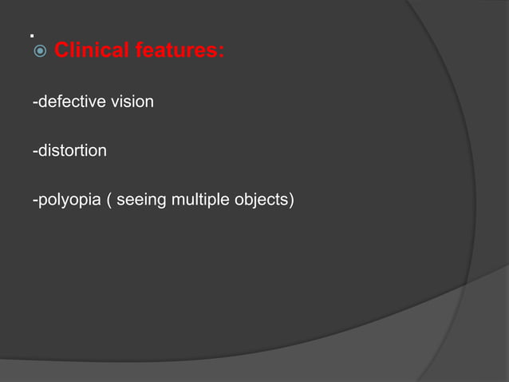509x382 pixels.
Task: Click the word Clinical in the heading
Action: (x=90, y=52)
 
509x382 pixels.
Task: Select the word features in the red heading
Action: (x=176, y=52)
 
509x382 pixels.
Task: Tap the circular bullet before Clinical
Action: (x=38, y=53)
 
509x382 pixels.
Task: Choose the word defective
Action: (x=67, y=102)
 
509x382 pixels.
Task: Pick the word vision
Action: (x=131, y=102)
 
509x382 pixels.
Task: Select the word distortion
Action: (x=71, y=150)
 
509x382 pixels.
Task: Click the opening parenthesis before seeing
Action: (x=109, y=199)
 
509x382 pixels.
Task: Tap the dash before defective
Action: (x=34, y=103)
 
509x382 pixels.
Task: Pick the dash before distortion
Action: (x=34, y=151)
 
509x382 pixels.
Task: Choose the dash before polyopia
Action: (x=34, y=200)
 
